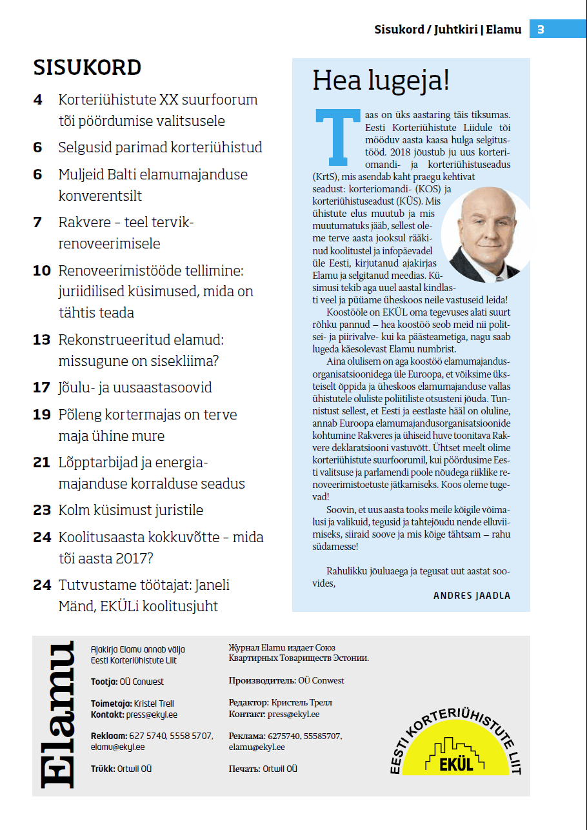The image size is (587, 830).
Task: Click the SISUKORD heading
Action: pos(87,68)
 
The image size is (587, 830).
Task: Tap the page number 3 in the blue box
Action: pos(541,29)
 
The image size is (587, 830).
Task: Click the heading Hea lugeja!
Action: pos(381,81)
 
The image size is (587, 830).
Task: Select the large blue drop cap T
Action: pos(336,136)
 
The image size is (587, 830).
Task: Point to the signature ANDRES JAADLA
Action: pos(472,596)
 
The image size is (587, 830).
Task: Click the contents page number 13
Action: pos(42,339)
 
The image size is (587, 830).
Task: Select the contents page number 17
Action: pos(42,387)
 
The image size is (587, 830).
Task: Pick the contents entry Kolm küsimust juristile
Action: pos(130,510)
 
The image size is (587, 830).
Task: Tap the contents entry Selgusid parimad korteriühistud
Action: pos(160,147)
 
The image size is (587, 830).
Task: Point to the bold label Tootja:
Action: pos(104,682)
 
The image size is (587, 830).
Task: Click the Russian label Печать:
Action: pos(244,769)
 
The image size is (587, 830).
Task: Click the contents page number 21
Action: pos(42,462)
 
